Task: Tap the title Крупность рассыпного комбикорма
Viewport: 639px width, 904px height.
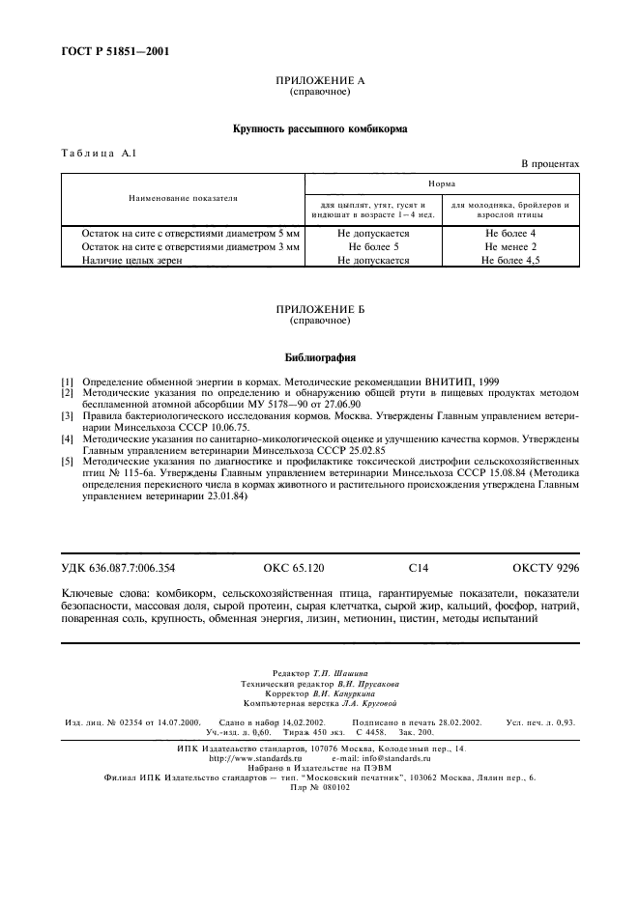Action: click(319, 127)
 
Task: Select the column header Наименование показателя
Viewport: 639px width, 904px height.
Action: click(182, 198)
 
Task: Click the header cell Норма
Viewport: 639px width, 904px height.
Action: click(443, 183)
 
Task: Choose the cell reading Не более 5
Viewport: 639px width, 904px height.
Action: click(373, 247)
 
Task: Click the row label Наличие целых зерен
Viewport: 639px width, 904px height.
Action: click(131, 260)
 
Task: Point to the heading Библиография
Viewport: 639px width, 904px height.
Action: click(319, 355)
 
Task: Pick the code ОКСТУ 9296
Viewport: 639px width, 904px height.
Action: click(545, 569)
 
